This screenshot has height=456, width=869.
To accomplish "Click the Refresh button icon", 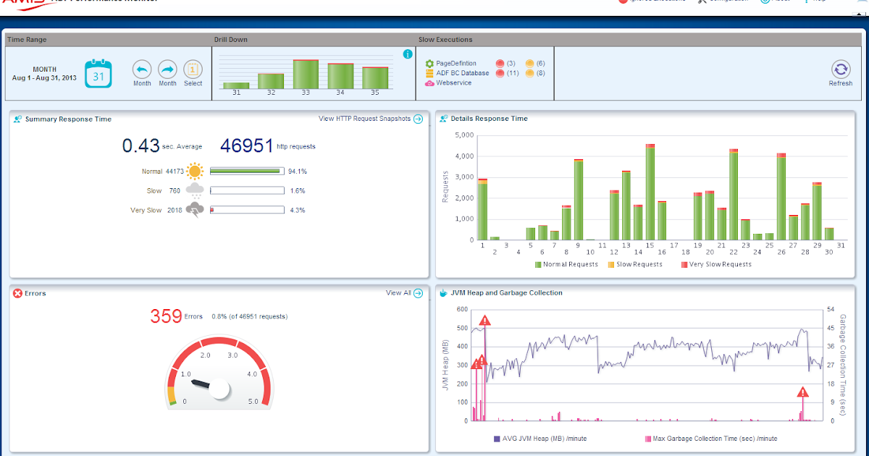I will [x=840, y=69].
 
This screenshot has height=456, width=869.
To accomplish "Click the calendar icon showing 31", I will [x=98, y=74].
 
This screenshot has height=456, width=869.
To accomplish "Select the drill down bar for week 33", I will [x=306, y=75].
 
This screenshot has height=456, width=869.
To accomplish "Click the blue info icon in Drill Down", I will [x=408, y=54].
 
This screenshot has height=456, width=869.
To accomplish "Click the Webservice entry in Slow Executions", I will [x=453, y=83].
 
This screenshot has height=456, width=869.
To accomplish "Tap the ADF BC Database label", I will [x=462, y=73].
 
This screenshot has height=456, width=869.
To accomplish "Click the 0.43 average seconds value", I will [x=140, y=146].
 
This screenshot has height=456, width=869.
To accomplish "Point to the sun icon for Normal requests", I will [x=194, y=172].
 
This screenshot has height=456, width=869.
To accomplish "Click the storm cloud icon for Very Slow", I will [x=194, y=210].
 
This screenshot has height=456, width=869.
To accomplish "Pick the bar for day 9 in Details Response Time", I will [x=579, y=200].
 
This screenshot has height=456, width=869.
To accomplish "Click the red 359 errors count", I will [x=165, y=316].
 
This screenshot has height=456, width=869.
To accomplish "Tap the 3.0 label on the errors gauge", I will [x=232, y=355].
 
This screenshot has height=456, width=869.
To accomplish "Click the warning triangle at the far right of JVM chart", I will [x=802, y=392].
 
